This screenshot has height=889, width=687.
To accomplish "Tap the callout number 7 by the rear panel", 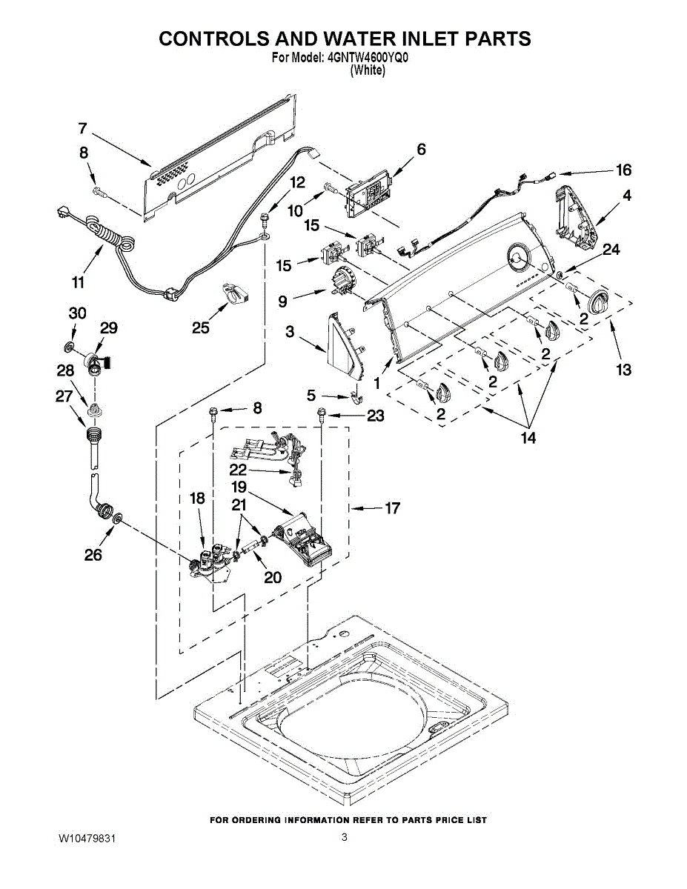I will (83, 127).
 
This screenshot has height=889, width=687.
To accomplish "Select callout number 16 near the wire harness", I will (623, 170).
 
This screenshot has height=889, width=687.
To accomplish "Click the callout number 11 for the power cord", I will (78, 282).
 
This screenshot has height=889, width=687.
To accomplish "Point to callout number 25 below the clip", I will (201, 328).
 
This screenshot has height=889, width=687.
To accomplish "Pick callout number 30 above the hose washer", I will (77, 313).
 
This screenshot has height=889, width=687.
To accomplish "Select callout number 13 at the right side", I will (623, 369).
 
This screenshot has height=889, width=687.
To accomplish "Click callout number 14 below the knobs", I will (527, 438).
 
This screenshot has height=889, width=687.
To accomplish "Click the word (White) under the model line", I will (367, 70).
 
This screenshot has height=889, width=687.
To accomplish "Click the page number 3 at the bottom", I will (344, 838).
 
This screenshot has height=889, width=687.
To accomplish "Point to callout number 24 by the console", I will (611, 250).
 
